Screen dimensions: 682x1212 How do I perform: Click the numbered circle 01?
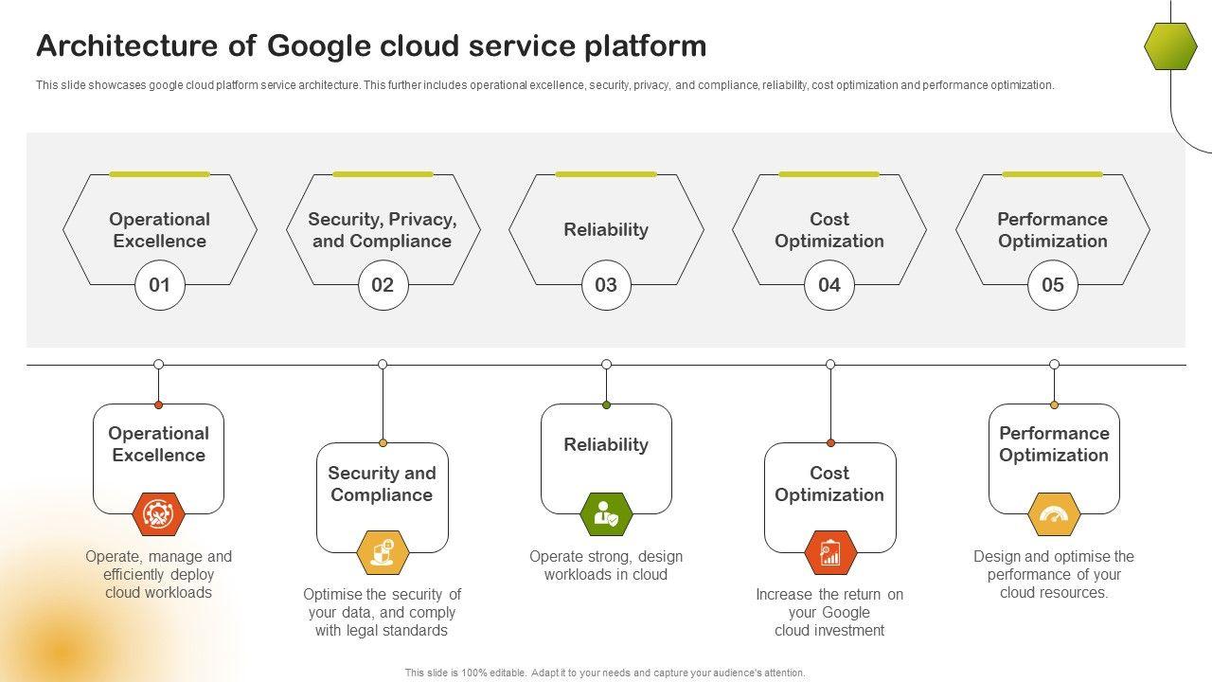coord(159,285)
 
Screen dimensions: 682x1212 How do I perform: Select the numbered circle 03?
coord(606,285)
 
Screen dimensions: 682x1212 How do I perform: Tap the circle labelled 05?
coord(1053,285)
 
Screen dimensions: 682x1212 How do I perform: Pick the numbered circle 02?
coord(383,285)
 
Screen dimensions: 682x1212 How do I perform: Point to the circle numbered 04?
coord(829,285)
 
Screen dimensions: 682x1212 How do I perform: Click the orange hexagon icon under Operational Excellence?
coord(158,514)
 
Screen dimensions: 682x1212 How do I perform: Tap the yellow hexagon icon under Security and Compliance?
coord(383,552)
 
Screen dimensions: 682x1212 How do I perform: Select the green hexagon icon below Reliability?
coord(606,514)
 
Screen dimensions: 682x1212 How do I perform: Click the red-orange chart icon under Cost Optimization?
coord(830,552)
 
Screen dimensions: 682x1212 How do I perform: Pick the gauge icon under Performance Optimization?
coord(1054,514)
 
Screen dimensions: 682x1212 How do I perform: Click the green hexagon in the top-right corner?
coord(1170,46)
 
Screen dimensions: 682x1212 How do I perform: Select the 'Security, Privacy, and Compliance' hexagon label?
coord(383,230)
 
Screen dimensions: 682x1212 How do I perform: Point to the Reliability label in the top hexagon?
coord(606,230)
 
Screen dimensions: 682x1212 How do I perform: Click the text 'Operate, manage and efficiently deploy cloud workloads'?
coord(158,574)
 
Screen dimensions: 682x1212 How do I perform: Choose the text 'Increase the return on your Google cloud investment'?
coord(829,612)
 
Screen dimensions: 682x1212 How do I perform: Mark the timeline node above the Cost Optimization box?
coord(830,365)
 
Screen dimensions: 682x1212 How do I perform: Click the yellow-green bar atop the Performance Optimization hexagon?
coord(1053,174)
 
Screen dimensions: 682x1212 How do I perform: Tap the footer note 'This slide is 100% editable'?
coord(605,673)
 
